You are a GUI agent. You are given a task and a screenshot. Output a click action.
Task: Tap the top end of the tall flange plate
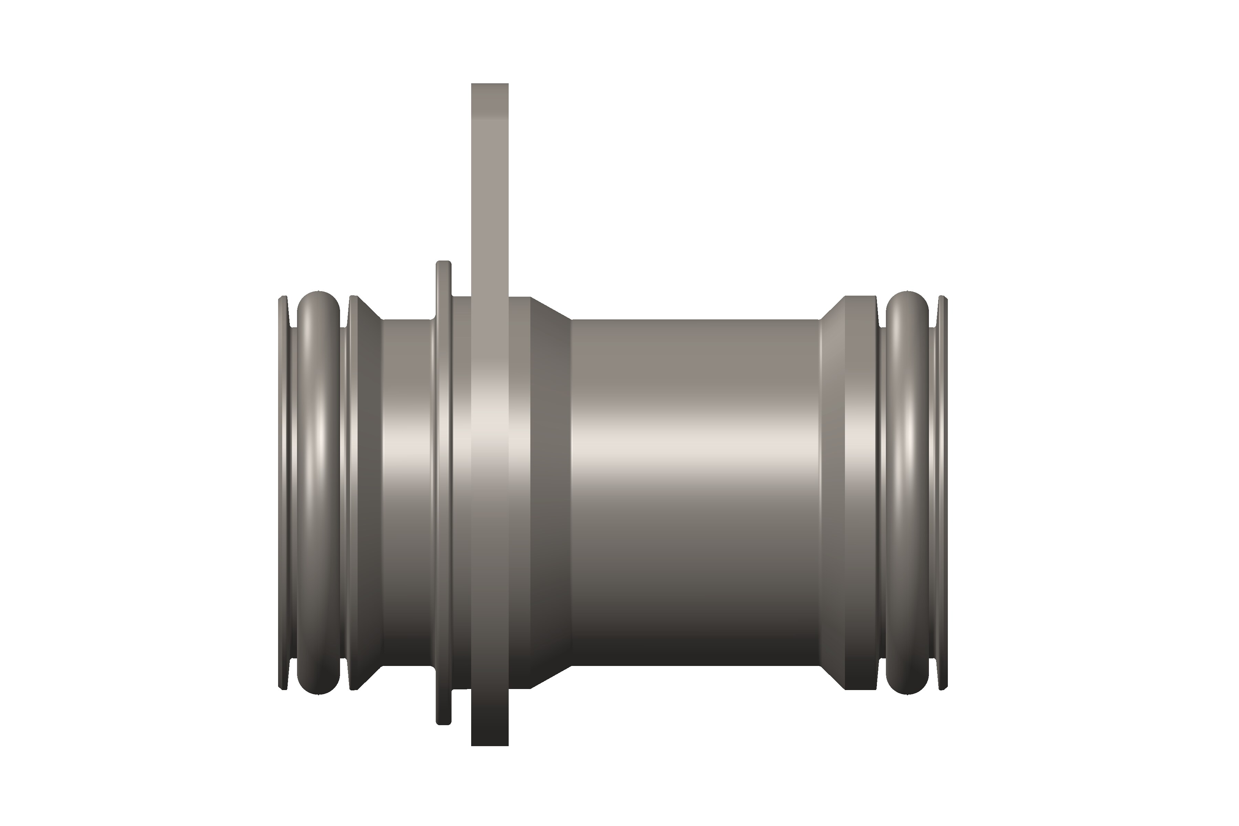pyautogui.click(x=489, y=89)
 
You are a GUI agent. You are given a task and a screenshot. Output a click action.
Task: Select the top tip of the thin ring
pyautogui.click(x=444, y=264)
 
